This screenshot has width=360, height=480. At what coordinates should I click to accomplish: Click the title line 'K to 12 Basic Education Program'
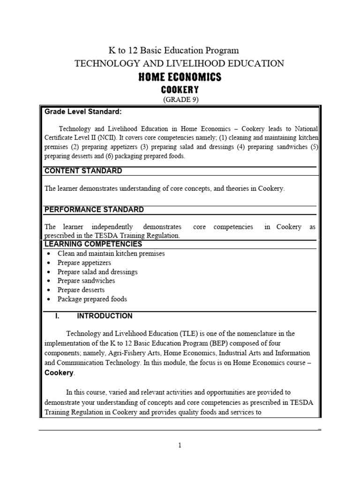tap(174, 50)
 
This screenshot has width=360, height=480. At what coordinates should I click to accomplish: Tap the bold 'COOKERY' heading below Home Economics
tap(180, 90)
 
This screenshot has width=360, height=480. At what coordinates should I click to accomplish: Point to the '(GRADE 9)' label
tap(180, 100)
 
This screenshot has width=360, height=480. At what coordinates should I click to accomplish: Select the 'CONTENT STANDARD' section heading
tap(83, 171)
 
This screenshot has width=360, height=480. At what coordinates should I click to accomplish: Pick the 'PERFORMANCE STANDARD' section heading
tap(94, 210)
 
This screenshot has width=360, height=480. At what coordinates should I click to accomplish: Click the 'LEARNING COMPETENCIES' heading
tap(93, 244)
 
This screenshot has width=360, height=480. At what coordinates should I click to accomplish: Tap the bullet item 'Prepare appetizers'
tap(84, 262)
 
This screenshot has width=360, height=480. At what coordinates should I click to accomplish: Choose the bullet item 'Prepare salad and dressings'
tap(97, 272)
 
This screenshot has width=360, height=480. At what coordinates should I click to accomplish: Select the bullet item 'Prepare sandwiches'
tap(86, 281)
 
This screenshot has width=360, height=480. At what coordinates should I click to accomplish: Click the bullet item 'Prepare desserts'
tap(81, 290)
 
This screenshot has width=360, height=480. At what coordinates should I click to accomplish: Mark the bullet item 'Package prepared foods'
tap(92, 299)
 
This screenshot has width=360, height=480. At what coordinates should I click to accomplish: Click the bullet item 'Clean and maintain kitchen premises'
tap(111, 254)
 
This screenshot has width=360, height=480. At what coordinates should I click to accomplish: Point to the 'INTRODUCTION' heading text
tap(105, 316)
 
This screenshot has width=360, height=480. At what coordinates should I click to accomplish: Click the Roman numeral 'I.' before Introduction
tap(57, 316)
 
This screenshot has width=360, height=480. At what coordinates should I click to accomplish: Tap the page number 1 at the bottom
tap(180, 445)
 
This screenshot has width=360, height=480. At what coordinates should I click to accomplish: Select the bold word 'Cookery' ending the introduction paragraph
tap(59, 373)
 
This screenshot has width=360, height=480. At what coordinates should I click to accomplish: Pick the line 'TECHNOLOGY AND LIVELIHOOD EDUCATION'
tap(180, 63)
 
